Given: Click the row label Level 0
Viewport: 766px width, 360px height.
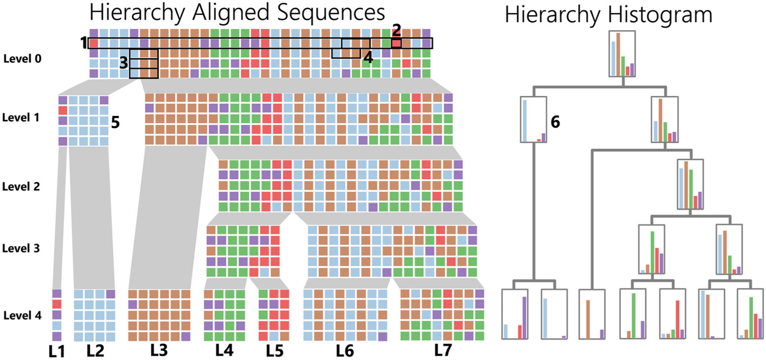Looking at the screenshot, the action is (22, 59).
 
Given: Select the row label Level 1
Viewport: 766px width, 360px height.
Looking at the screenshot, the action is (21, 117).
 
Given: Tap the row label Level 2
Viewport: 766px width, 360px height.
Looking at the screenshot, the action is (21, 186).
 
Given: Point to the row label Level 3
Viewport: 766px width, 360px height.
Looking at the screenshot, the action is (21, 248).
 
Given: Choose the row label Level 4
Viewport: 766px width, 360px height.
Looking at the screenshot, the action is (22, 316).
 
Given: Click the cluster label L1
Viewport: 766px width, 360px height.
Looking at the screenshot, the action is (57, 352).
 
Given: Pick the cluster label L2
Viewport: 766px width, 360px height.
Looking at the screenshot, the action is (95, 351).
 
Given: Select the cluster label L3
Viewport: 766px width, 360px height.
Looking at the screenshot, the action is (159, 350).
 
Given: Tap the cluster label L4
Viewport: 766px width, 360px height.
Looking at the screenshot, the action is (224, 350).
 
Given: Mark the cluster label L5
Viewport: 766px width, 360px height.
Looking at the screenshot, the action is (275, 351).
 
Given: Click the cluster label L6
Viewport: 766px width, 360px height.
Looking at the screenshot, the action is (345, 351).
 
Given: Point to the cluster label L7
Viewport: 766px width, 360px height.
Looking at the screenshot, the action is (443, 350).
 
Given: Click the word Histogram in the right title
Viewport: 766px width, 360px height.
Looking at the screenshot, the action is (660, 15).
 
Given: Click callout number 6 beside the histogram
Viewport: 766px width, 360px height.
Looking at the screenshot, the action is (555, 122).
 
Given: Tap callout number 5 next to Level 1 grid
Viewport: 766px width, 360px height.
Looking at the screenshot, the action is (116, 122).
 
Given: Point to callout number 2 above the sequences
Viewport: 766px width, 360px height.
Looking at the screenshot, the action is (396, 30).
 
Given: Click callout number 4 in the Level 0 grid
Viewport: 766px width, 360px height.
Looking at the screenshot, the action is (368, 58).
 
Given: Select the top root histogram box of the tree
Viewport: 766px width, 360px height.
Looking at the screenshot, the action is (622, 54).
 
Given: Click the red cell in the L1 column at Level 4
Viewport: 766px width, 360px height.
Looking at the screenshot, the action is (57, 304).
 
